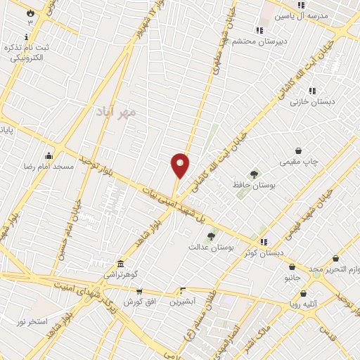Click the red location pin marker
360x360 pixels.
coord(181,165)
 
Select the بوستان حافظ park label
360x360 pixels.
coord(253,185)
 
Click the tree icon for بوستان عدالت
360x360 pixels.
coord(211,236)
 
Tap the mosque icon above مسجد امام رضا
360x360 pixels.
coord(49,155)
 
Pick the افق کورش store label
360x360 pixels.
coord(139,302)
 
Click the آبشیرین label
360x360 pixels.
coord(183,302)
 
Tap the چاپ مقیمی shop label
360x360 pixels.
coord(300,162)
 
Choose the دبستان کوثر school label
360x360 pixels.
coord(264,252)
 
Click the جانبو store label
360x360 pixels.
coord(292,278)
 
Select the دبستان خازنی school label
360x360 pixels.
coord(313,102)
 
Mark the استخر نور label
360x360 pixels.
coord(32,321)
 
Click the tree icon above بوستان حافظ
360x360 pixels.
coord(254,174)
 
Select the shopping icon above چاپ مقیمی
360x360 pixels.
coord(299,150)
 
